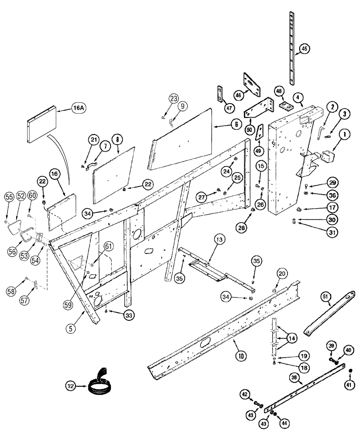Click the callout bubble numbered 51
pyautogui.click(x=337, y=296)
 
